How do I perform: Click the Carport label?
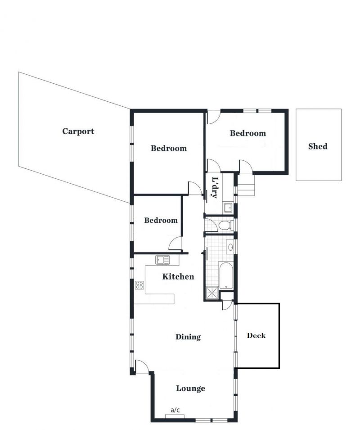(x=78, y=131)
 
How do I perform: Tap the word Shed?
(x=318, y=146)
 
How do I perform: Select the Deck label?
(x=256, y=335)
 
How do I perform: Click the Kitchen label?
(x=178, y=276)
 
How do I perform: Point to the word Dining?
(x=188, y=337)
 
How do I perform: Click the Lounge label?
(x=190, y=388)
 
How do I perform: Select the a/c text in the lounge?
(x=175, y=410)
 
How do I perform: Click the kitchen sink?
(x=162, y=260)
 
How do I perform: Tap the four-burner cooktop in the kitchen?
(x=139, y=285)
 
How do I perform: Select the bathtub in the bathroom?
(x=226, y=276)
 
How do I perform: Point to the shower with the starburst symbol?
(x=212, y=293)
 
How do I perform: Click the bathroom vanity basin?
(x=230, y=247)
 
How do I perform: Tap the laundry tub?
(x=228, y=208)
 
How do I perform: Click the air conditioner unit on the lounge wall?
(x=175, y=416)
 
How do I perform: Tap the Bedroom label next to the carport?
(x=169, y=148)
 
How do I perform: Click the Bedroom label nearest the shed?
(x=248, y=133)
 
